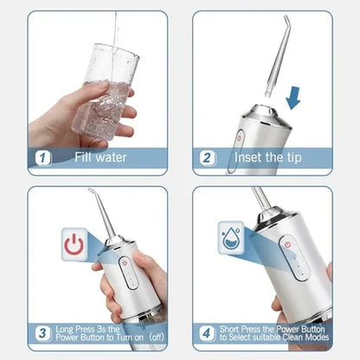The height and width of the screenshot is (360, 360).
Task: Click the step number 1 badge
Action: click(x=42, y=157)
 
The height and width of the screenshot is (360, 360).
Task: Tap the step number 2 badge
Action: click(x=208, y=157)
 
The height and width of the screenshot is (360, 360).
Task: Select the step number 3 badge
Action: click(x=42, y=333)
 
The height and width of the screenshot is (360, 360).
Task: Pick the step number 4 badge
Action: click(x=207, y=333)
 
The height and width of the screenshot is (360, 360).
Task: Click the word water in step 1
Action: click(x=112, y=157)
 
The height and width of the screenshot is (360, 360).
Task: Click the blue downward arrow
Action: click(x=293, y=98)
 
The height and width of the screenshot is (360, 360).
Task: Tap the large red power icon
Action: click(x=74, y=244)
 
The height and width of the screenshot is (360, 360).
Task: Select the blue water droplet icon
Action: click(x=231, y=238)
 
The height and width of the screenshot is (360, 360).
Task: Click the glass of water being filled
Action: click(x=107, y=93)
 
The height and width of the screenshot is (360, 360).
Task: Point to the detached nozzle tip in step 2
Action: click(x=277, y=56)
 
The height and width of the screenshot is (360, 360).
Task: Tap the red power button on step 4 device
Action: click(x=287, y=245)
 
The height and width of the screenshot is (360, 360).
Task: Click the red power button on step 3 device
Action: click(x=125, y=263)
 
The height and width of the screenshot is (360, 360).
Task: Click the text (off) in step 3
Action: click(x=157, y=337)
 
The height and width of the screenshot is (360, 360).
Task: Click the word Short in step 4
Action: click(x=229, y=329)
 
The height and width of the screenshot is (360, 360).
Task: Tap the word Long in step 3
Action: click(x=65, y=330)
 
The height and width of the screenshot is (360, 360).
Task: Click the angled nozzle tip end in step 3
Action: click(x=89, y=190)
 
